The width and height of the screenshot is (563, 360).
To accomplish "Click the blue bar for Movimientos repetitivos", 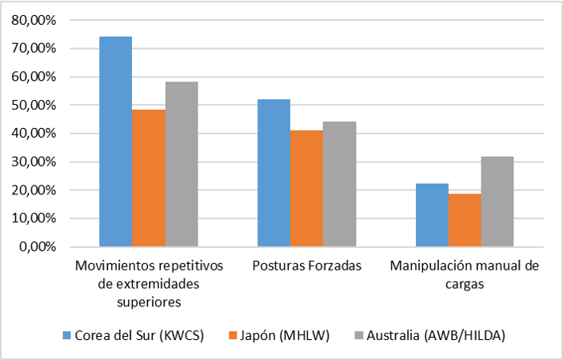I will click(x=115, y=142).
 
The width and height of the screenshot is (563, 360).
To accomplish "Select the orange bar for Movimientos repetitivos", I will click(x=149, y=178).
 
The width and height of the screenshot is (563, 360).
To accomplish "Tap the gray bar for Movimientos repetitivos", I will click(x=182, y=164).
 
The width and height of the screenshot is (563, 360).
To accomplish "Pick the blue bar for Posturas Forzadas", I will click(x=274, y=173).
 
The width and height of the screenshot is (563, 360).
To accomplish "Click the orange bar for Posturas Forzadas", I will click(x=306, y=188).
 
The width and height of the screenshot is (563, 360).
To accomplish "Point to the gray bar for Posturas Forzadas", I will click(x=340, y=184).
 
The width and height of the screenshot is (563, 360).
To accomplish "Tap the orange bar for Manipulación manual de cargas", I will click(x=465, y=220).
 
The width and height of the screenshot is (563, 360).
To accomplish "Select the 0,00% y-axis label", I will click(x=39, y=246).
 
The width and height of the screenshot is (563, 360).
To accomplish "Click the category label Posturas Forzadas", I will click(x=306, y=265).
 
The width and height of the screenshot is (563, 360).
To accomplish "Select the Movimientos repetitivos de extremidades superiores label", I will click(x=148, y=282).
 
